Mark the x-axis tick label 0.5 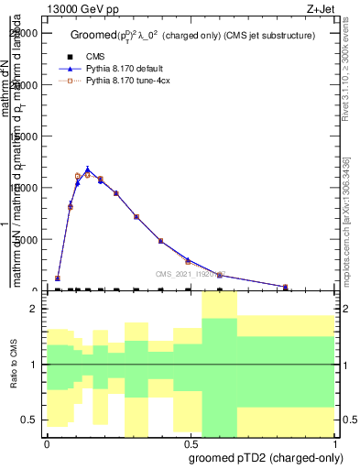pyautogui.click(x=191, y=442)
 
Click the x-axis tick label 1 pyautogui.click(x=335, y=442)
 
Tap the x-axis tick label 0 pyautogui.click(x=47, y=442)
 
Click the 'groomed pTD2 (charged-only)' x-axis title pyautogui.click(x=260, y=457)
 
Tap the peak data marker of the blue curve pyautogui.click(x=87, y=169)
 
